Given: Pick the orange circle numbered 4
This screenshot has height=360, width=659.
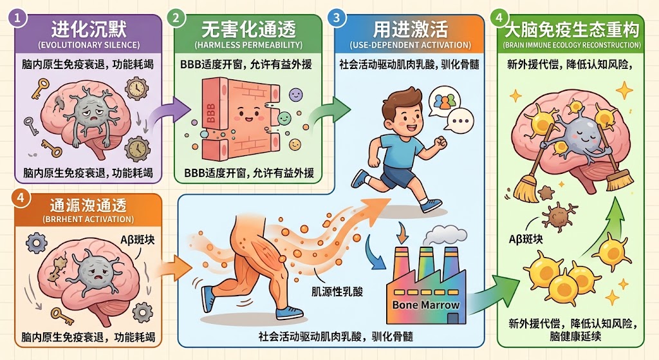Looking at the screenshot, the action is tap(20, 196).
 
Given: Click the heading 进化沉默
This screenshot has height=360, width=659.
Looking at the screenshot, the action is tap(89, 30).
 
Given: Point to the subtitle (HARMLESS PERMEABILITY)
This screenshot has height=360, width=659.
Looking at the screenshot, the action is tap(248, 45).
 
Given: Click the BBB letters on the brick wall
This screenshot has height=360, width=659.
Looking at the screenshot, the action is tap(210, 113).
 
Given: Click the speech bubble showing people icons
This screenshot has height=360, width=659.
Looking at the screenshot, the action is tap(444, 100).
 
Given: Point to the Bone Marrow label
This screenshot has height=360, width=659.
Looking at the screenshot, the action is tap(426, 305).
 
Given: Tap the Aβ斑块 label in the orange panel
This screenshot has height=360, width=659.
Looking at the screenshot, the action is tap(138, 240).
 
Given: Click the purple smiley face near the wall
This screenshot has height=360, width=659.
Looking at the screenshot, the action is tap(296, 94).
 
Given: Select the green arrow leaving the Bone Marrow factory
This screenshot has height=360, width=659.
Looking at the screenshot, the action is tap(490, 294).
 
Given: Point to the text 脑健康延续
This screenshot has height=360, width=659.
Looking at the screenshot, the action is tap(575, 336).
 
